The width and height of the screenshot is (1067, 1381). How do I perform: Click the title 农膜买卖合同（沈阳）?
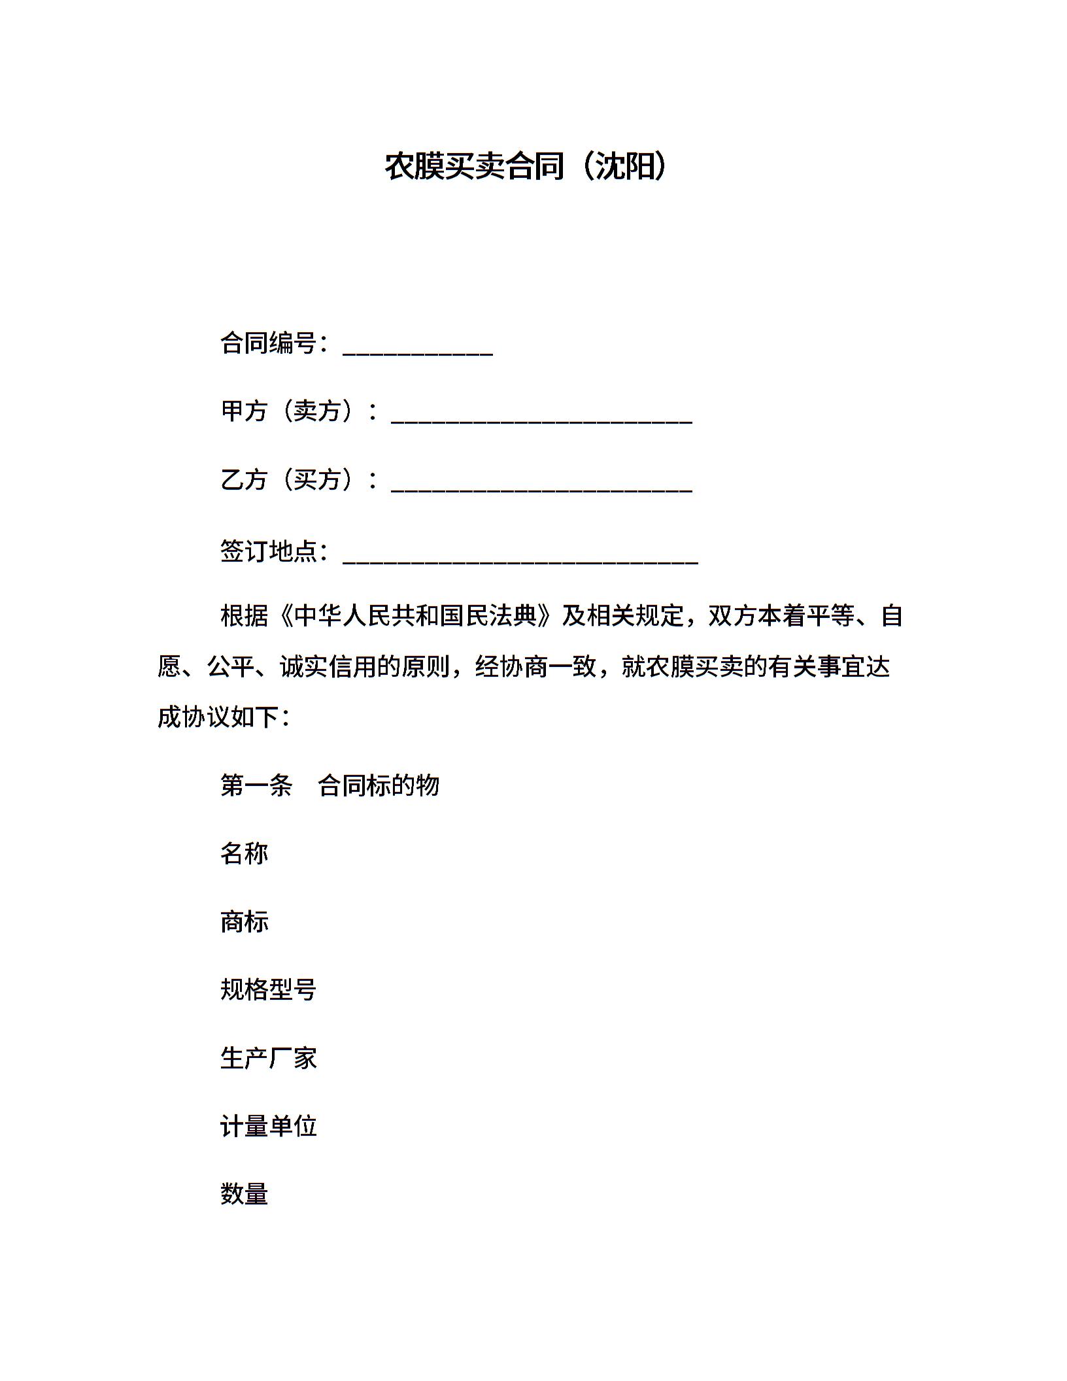point(526,166)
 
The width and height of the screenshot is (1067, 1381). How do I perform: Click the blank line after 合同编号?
point(417,351)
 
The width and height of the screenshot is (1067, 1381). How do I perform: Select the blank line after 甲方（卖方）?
point(541,419)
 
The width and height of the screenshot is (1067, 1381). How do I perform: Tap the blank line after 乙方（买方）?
point(541,488)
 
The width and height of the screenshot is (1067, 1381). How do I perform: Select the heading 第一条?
point(256,785)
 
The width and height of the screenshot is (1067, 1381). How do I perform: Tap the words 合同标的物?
point(379,785)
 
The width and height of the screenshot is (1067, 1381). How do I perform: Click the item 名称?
point(245,853)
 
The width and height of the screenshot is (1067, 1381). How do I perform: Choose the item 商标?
point(245,922)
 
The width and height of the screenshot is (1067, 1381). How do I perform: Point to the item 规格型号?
point(268,990)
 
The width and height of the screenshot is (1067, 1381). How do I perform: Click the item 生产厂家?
point(268,1058)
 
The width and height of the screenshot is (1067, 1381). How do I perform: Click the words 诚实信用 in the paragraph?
point(328,667)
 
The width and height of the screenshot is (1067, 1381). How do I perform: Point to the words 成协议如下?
point(218,717)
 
